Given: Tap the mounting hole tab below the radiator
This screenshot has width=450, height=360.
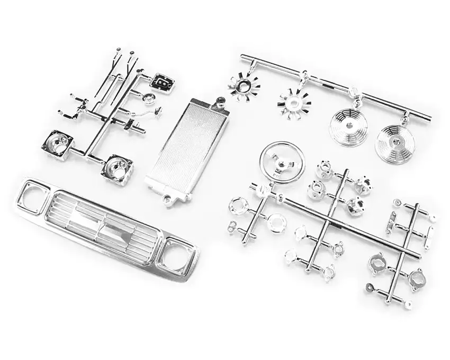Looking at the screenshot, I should click(168, 200).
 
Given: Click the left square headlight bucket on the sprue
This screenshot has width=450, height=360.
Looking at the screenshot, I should click(59, 144).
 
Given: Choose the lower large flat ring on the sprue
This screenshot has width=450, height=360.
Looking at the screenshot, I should click(276, 223).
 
